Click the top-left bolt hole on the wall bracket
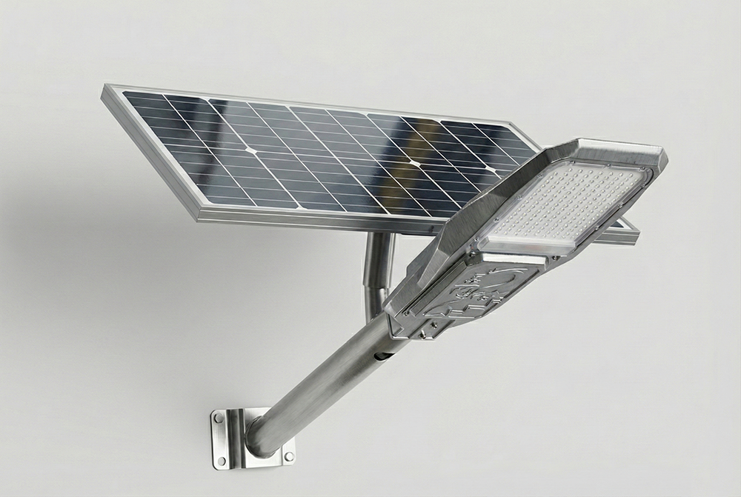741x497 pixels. tap(219, 419)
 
